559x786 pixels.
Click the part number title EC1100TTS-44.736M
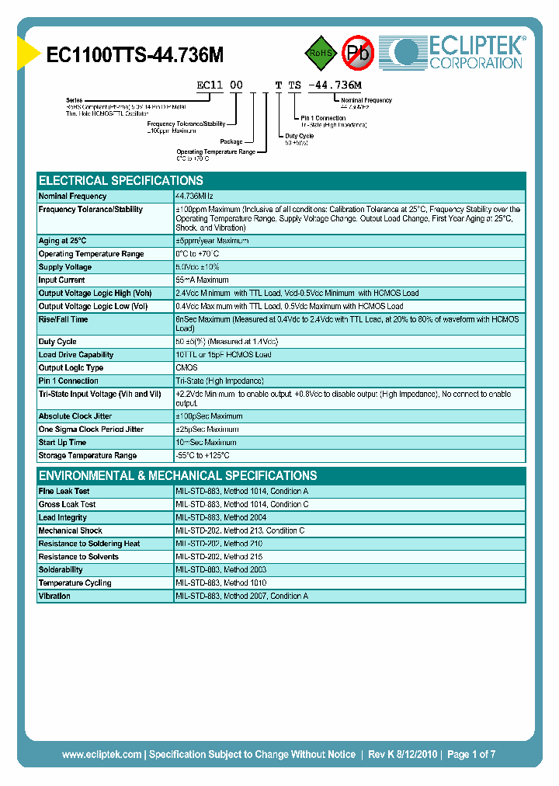[x=135, y=55]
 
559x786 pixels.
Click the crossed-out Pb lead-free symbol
[x=358, y=53]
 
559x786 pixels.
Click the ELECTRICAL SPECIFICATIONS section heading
[x=121, y=180]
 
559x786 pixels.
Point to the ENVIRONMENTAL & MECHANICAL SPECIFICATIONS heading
[x=178, y=475]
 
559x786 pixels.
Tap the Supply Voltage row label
[x=65, y=267]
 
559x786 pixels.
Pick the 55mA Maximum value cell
[x=202, y=280]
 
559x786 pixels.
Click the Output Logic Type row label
[x=71, y=368]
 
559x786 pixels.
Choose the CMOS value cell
[x=186, y=368]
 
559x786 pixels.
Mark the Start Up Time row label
[x=63, y=443]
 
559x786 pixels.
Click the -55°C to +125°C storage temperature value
[x=203, y=456]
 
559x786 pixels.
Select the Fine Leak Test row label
[x=64, y=492]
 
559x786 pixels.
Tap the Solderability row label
[x=61, y=570]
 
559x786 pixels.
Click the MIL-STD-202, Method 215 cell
[x=220, y=557]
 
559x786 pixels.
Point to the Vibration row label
[x=54, y=596]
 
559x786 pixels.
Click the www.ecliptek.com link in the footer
[x=102, y=754]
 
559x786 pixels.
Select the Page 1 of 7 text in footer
[x=471, y=754]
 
